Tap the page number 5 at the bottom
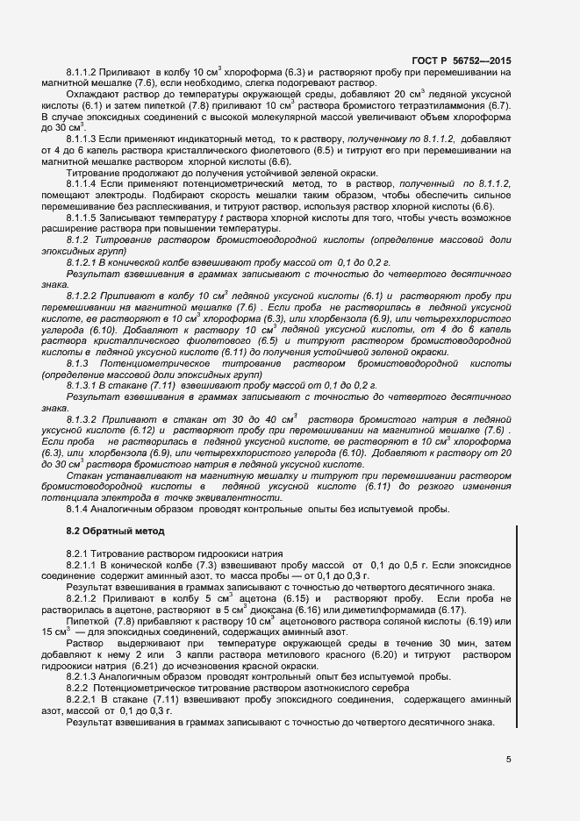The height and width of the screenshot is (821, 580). pyautogui.click(x=508, y=760)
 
